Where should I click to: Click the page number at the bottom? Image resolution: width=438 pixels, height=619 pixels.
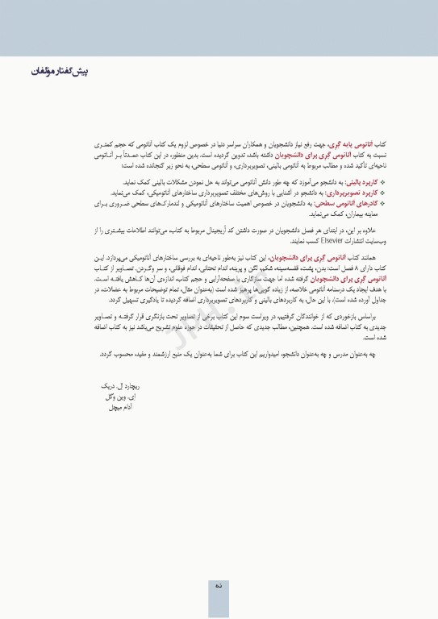219,586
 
